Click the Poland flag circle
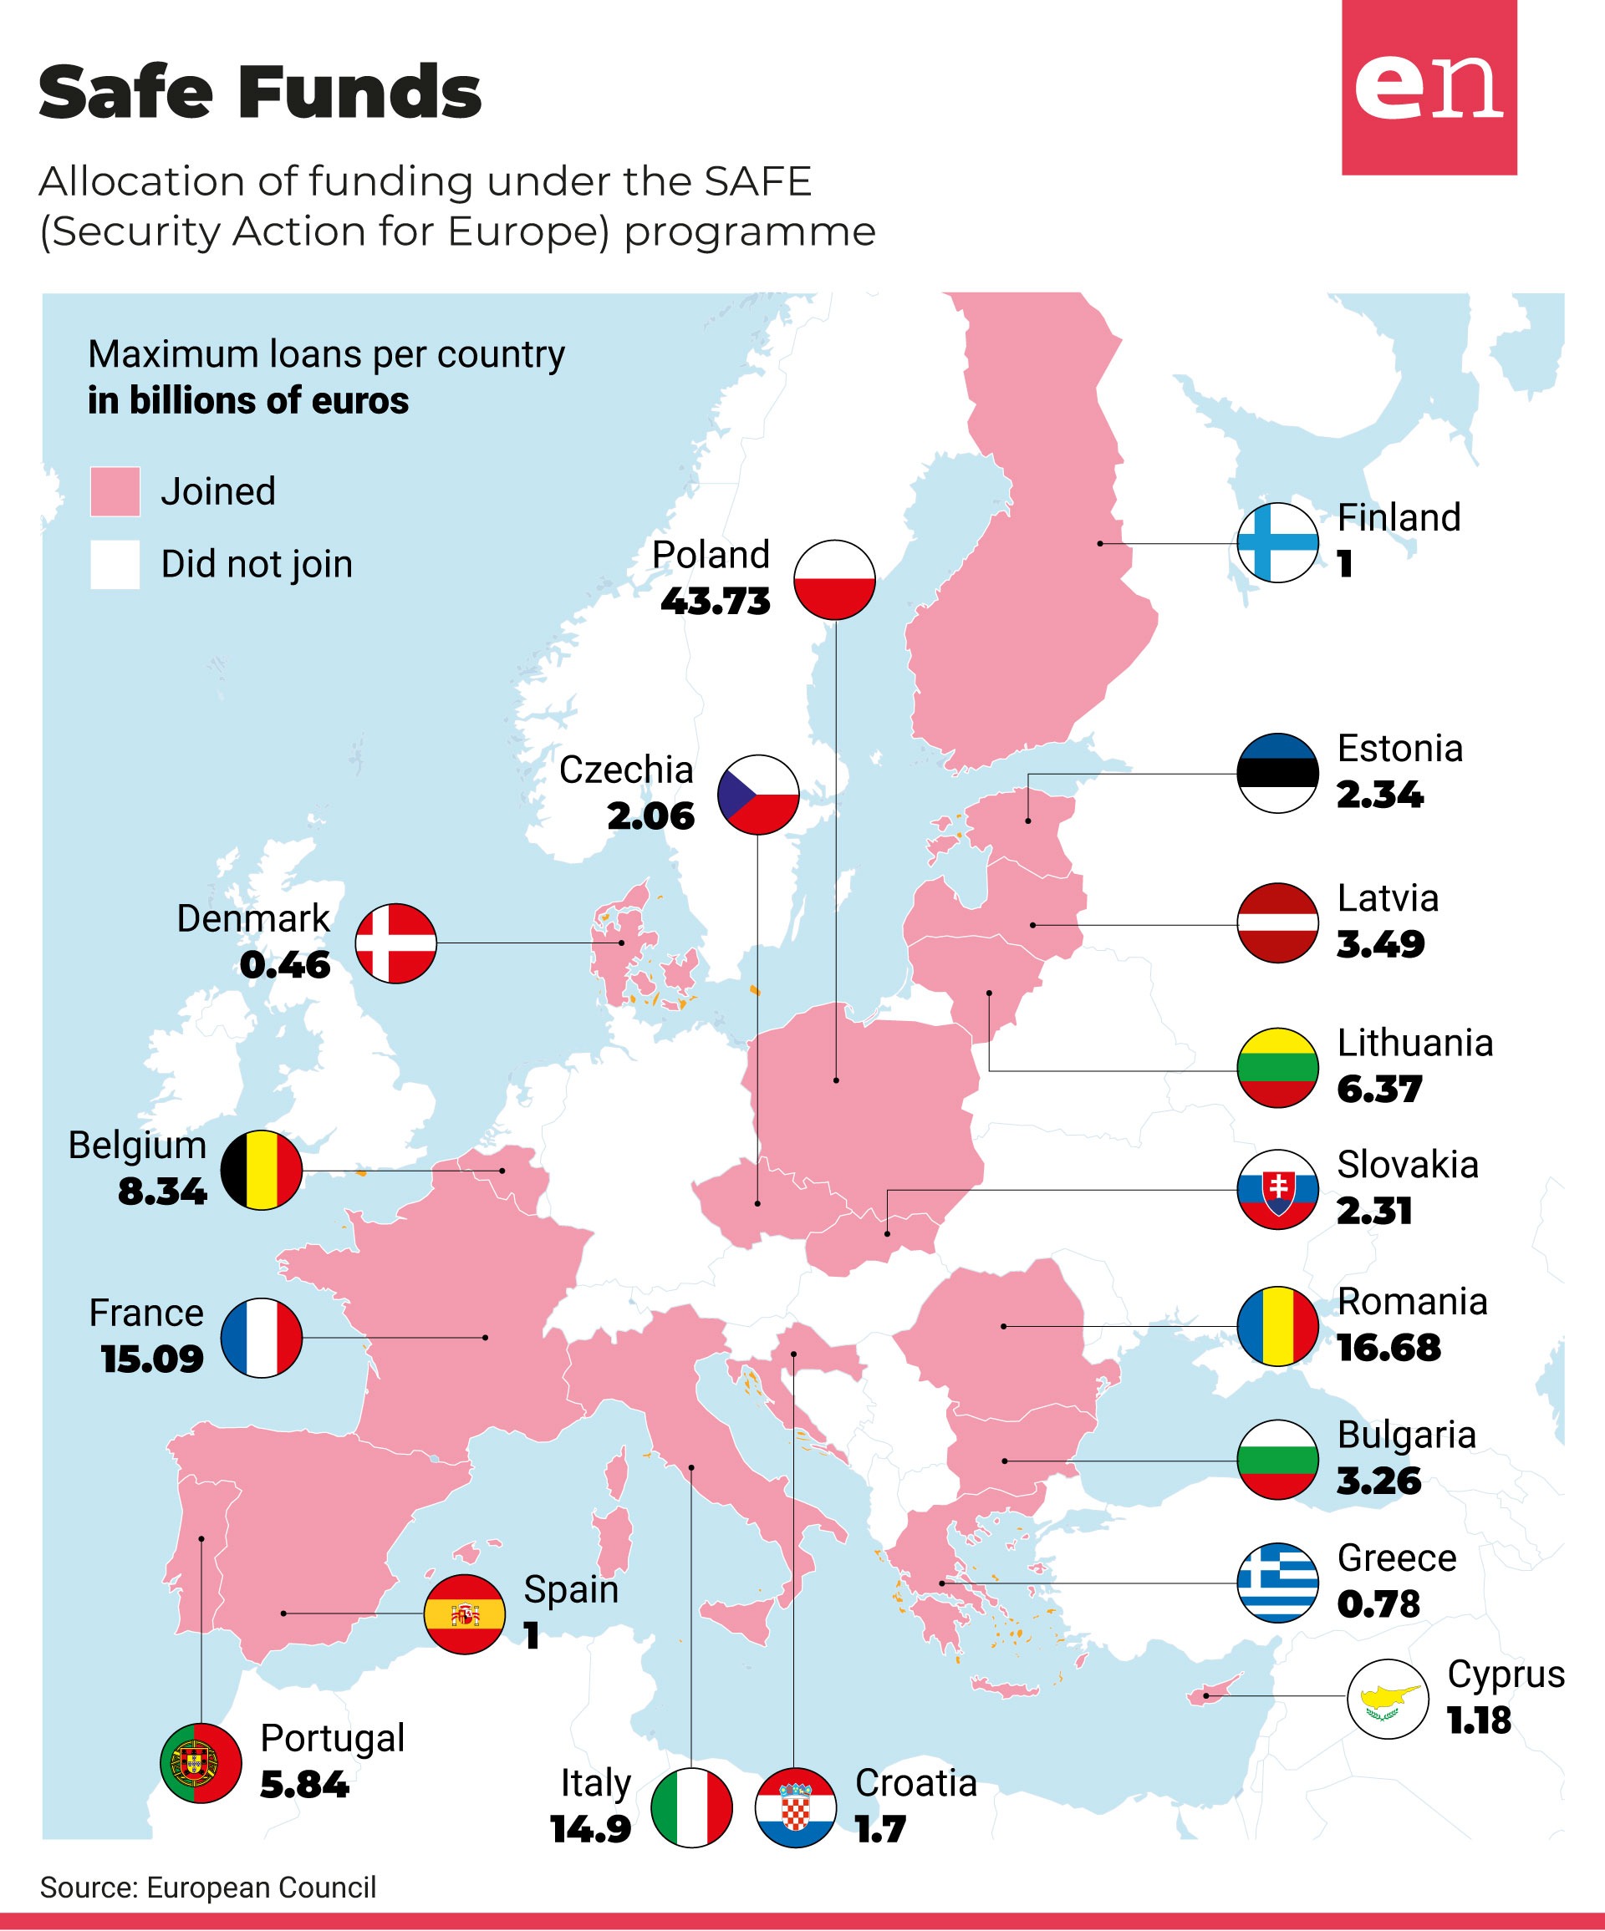834,579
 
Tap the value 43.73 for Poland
716,602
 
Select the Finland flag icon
1277,542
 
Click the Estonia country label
1400,749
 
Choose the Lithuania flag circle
1277,1068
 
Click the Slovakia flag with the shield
1277,1189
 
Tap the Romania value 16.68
1388,1348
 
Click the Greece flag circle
1277,1582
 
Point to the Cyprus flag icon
1388,1700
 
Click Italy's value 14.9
591,1829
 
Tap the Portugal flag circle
201,1763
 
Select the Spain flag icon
465,1613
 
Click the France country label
146,1313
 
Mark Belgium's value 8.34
163,1192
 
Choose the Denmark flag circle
395,943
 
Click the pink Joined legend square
115,491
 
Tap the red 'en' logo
1429,88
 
